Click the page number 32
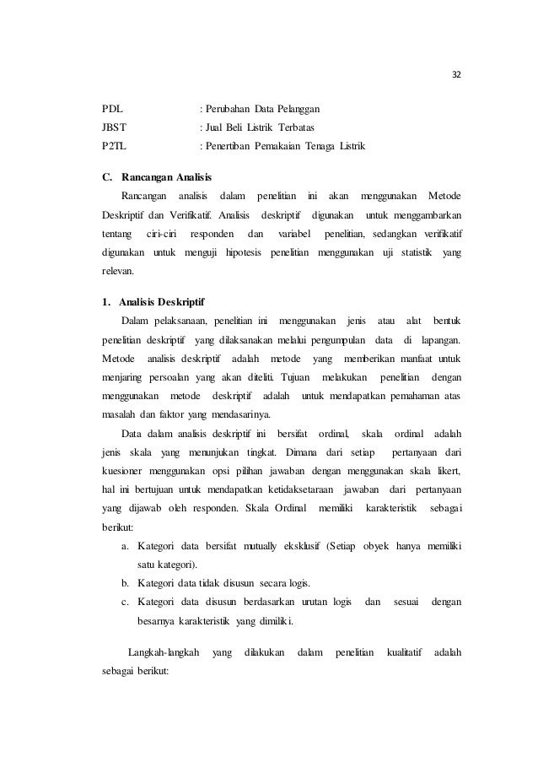click(457, 73)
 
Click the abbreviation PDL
click(110, 110)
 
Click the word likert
click(456, 469)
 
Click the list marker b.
click(126, 581)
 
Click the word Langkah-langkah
click(163, 652)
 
